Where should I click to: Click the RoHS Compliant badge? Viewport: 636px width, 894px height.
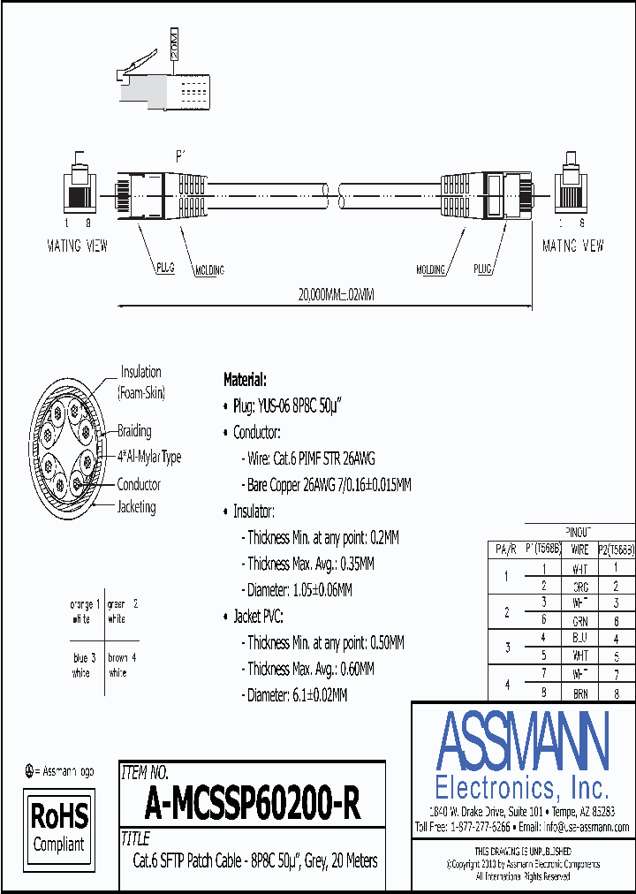60,827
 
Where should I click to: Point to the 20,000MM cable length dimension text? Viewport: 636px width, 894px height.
324,295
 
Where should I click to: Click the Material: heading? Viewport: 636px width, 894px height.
245,380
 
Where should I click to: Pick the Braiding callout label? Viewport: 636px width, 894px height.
134,431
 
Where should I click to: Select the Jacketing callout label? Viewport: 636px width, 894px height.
136,507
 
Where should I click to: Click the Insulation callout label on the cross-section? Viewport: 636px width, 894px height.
141,372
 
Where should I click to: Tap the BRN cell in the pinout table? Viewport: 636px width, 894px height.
580,694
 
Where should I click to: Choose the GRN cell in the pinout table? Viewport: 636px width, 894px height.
580,621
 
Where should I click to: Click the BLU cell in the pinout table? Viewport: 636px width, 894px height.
580,638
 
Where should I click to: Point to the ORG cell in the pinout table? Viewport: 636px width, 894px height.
580,586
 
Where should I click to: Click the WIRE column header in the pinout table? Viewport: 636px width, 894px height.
579,549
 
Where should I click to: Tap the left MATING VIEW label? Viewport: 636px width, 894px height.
77,246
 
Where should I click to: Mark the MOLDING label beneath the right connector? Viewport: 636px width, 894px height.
430,269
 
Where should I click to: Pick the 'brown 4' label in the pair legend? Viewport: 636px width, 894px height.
121,658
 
